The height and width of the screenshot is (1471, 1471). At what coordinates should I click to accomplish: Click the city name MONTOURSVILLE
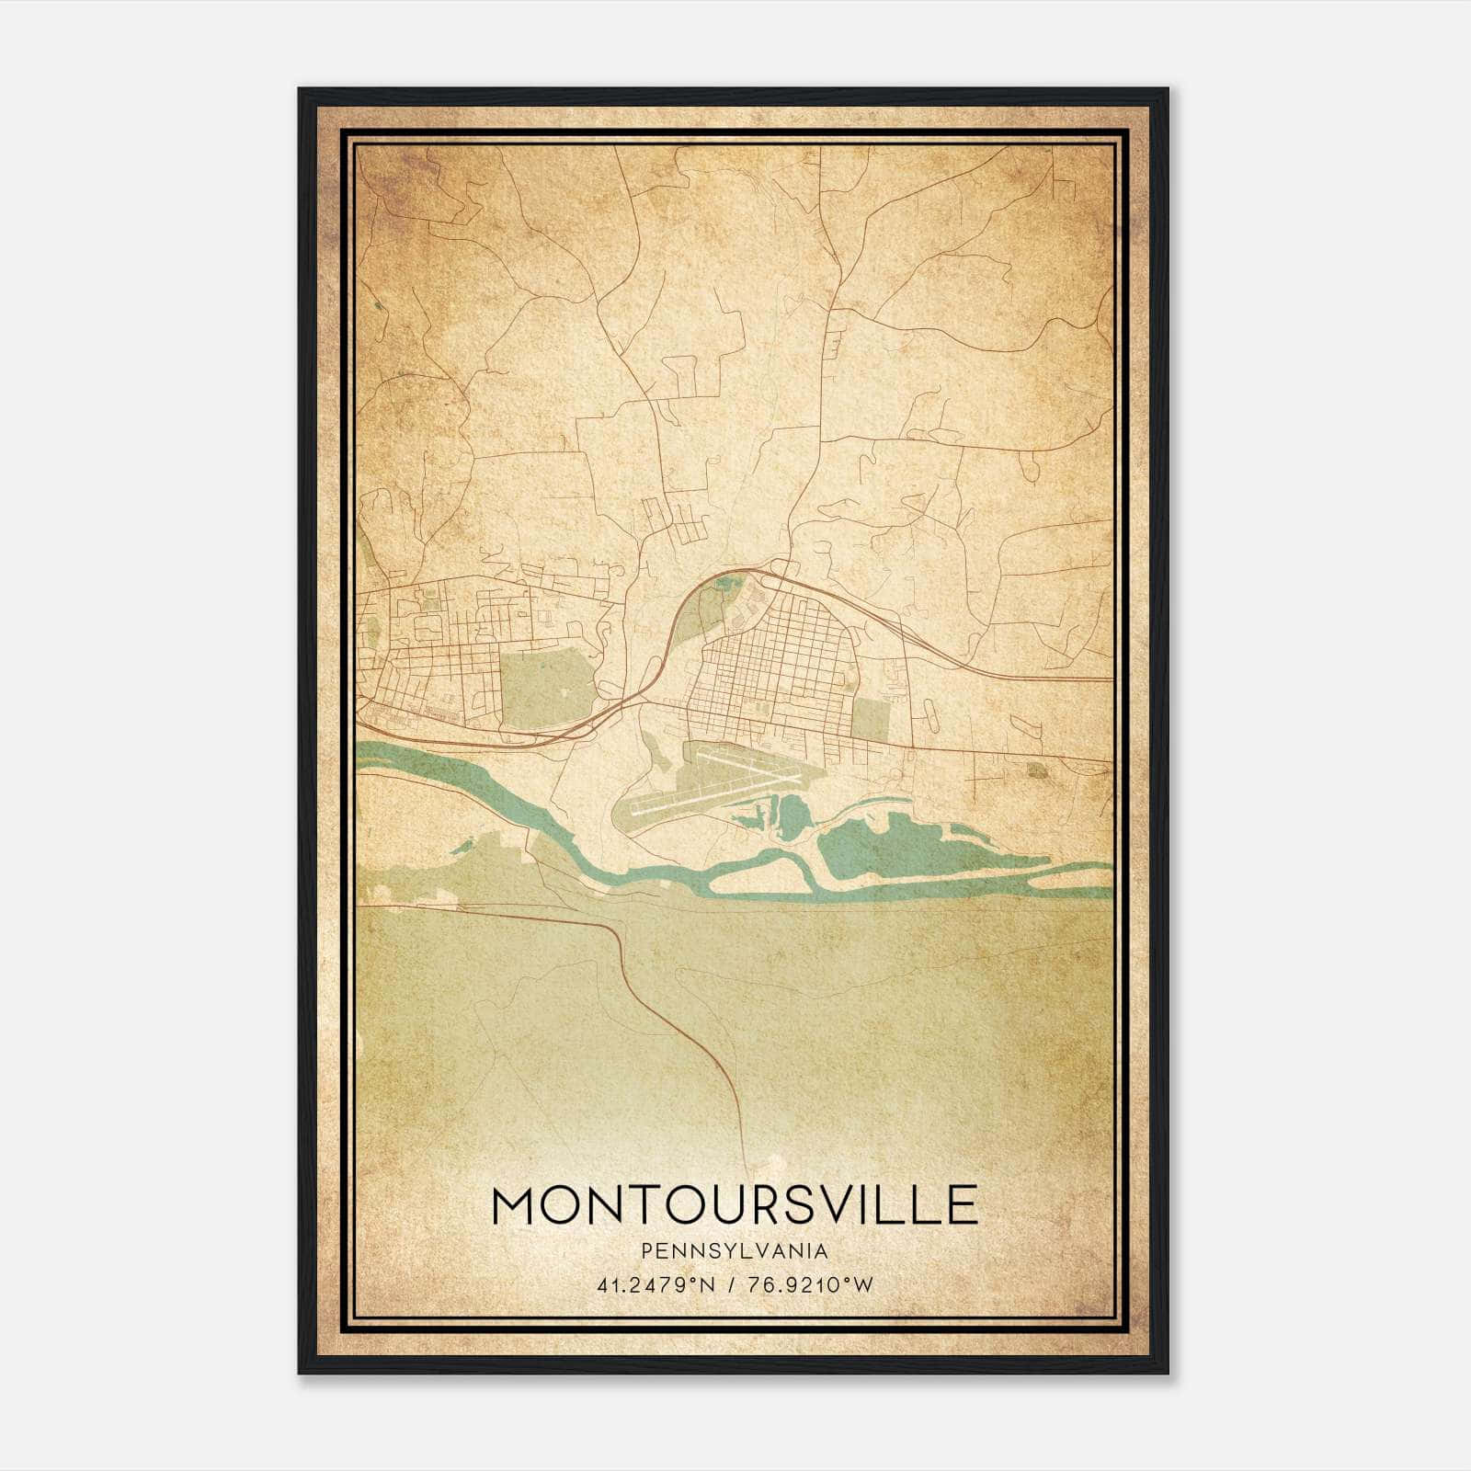[735, 1205]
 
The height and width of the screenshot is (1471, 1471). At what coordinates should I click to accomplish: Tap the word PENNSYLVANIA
[735, 1251]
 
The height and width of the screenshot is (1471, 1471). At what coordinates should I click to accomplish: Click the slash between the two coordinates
[732, 1285]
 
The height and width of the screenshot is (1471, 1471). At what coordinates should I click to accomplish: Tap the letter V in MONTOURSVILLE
[841, 1205]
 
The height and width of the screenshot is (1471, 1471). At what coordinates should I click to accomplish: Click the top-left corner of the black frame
[301, 90]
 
